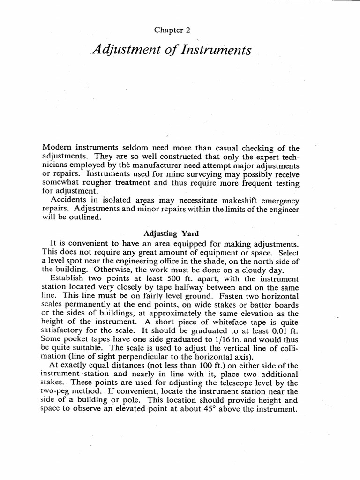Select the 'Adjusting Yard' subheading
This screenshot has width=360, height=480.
tap(170, 233)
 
